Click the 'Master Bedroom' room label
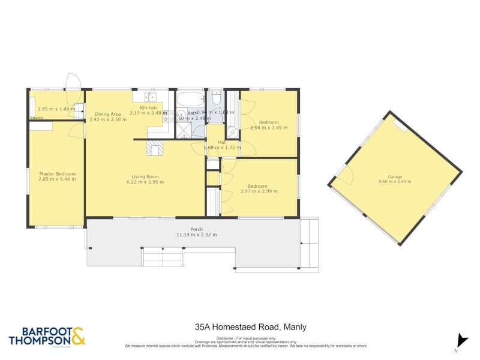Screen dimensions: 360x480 point(57,174)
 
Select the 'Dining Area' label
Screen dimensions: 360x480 point(108,114)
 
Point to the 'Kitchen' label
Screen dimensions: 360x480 point(148,107)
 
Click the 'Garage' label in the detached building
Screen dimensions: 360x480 point(394,176)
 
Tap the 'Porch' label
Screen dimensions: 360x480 point(196,229)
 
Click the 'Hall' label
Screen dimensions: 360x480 point(221,142)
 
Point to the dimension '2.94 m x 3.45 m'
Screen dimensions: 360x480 point(269,128)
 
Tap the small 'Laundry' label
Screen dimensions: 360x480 point(37,118)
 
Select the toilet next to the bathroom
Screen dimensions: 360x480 point(215,98)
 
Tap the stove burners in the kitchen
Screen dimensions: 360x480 point(170,116)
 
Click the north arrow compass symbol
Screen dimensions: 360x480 point(460,340)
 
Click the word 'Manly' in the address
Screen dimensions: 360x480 point(295,327)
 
